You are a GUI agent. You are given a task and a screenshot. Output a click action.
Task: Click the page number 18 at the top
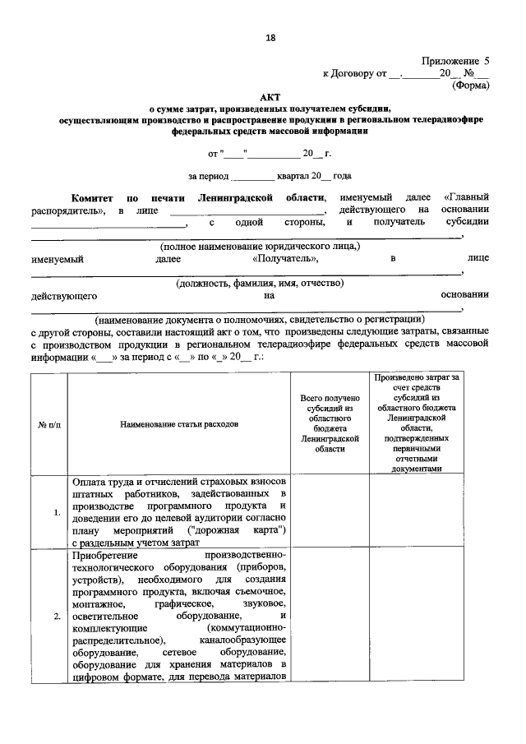[x=270, y=38]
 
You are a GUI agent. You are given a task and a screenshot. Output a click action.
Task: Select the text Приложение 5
[x=455, y=61]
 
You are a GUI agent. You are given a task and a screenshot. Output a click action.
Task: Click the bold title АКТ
[x=270, y=96]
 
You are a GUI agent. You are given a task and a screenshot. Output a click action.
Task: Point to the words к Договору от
[x=354, y=73]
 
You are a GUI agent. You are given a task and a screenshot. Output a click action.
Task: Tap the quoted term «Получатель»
[x=284, y=258]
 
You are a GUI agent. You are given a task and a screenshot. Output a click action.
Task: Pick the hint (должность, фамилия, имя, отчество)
[x=260, y=283]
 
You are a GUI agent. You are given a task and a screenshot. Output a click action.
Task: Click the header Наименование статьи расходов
[x=178, y=424]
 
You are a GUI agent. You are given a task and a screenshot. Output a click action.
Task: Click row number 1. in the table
[x=57, y=513]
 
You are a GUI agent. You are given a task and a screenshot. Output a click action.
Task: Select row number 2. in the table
[x=57, y=616]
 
